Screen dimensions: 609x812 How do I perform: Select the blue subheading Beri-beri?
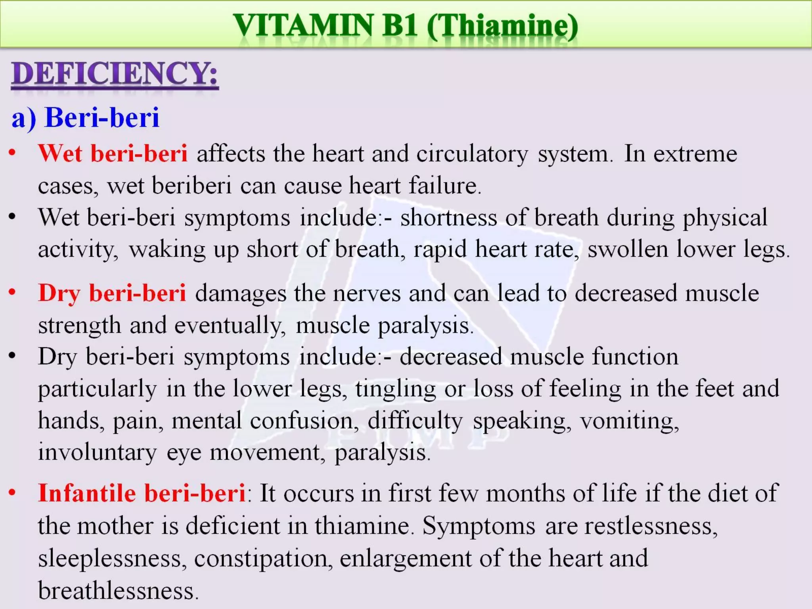(102, 118)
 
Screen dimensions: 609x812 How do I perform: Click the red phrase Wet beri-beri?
(113, 153)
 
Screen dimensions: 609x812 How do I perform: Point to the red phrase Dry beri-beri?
(112, 293)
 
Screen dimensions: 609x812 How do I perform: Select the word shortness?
(448, 218)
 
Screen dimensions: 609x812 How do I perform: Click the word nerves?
(367, 294)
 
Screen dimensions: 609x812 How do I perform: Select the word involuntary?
(97, 452)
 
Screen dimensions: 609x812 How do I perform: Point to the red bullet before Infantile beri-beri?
(12, 492)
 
